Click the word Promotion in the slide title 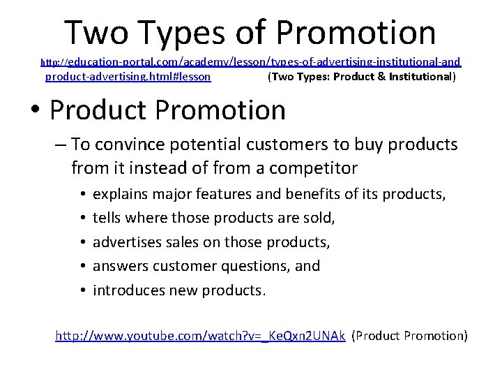pos(356,32)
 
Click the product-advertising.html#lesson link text pos(128,77)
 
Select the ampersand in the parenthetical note pos(381,77)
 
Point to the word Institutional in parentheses pos(422,77)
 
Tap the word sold pos(318,218)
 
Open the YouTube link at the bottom pos(200,336)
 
